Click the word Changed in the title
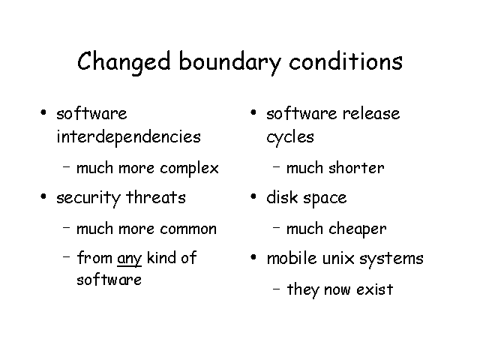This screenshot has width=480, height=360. click(124, 62)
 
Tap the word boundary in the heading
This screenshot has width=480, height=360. click(229, 62)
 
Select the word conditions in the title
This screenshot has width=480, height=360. click(346, 61)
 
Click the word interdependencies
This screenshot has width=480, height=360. click(128, 136)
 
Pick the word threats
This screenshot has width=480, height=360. click(156, 196)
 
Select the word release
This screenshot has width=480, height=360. click(371, 114)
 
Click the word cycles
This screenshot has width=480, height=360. click(290, 137)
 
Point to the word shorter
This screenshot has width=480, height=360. click(356, 168)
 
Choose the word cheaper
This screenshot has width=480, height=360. click(358, 229)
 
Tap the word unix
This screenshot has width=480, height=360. click(338, 259)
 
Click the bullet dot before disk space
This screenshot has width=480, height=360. click(253, 196)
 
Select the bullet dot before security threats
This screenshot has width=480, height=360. click(43, 196)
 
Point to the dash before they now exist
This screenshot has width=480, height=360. click(276, 288)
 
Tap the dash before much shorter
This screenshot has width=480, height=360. click(276, 166)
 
